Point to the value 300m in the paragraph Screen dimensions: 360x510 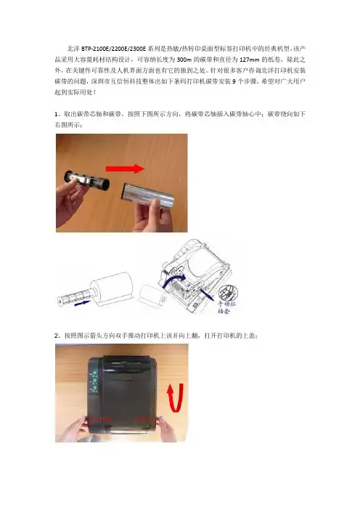tap(184, 60)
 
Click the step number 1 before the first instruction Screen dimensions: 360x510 tap(56, 114)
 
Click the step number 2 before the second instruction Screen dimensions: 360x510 tap(57, 336)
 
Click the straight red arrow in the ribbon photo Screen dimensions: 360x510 tap(125, 169)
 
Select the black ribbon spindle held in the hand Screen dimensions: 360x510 tap(87, 180)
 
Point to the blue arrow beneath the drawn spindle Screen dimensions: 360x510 tap(82, 303)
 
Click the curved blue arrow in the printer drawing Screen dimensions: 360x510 tap(173, 280)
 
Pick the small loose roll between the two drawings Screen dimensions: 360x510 tap(152, 296)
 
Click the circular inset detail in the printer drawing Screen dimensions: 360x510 tap(229, 293)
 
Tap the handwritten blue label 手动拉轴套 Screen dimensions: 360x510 tap(226, 307)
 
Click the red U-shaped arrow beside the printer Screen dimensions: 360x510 tap(175, 397)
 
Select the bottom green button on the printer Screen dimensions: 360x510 tap(95, 388)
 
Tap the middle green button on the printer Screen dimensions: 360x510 tap(95, 380)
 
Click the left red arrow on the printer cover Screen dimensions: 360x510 tap(100, 419)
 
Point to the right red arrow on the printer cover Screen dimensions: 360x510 tap(145, 419)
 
